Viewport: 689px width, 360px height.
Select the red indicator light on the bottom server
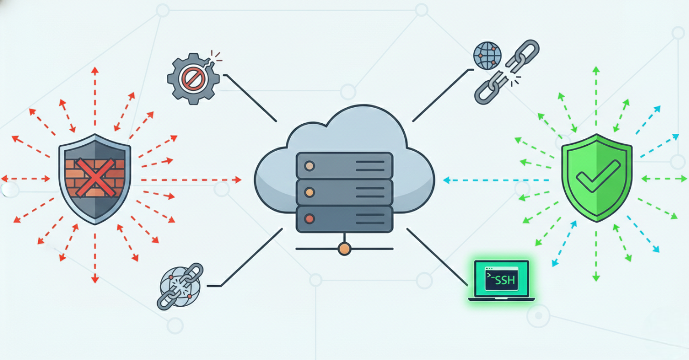pyautogui.click(x=309, y=218)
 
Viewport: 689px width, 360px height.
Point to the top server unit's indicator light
pyautogui.click(x=309, y=165)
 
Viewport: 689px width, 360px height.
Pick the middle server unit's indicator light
pyautogui.click(x=309, y=192)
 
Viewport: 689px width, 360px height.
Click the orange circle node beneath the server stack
pyautogui.click(x=344, y=249)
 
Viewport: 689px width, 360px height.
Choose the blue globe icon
pyautogui.click(x=487, y=55)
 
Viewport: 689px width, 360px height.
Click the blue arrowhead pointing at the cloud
pyautogui.click(x=447, y=180)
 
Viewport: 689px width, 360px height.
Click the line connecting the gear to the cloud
pyautogui.click(x=250, y=98)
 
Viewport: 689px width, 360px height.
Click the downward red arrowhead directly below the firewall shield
pyautogui.click(x=95, y=279)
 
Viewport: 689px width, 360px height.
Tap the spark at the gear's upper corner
pyautogui.click(x=216, y=55)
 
